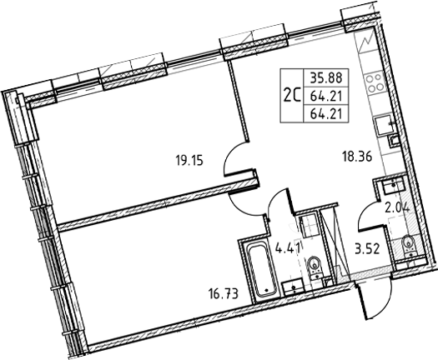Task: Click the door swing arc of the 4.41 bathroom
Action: [x=279, y=203]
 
